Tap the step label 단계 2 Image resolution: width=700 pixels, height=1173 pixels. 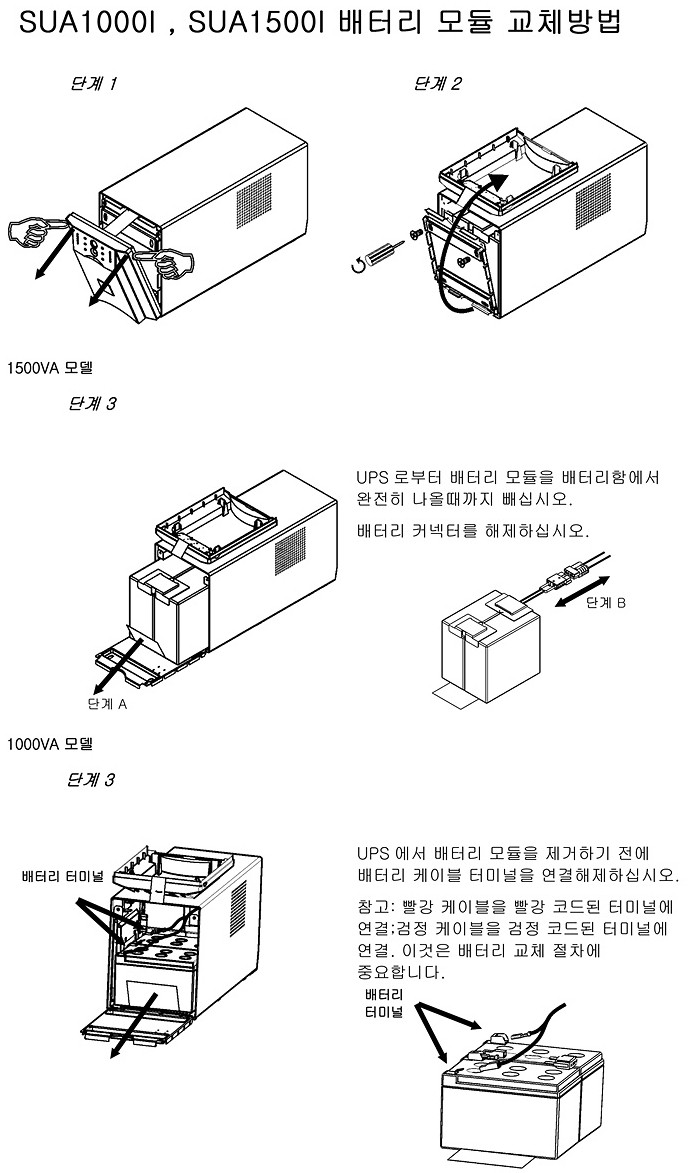(x=437, y=84)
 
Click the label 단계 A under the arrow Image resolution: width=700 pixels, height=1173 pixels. (x=109, y=703)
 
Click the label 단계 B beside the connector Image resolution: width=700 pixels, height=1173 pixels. (x=606, y=602)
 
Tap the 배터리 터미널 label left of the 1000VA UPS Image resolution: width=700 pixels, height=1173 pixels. (x=63, y=877)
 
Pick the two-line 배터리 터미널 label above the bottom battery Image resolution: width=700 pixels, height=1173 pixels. (x=384, y=1004)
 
